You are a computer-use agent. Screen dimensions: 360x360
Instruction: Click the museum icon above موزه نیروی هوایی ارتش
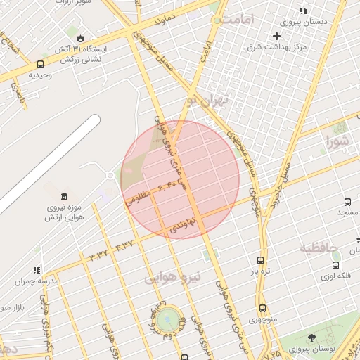pos(64,195)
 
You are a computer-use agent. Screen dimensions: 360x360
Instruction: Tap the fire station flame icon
pos(81,37)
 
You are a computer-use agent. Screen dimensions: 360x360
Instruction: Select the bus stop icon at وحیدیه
pos(39,64)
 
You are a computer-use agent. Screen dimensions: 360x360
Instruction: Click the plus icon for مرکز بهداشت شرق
pos(278,36)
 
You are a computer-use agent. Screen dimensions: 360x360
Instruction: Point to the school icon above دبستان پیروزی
pos(303,11)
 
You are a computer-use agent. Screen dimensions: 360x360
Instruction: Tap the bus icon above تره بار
pos(261,259)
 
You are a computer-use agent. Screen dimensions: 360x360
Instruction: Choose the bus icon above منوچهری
pos(263,308)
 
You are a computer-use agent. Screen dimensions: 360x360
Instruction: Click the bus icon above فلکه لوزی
pos(335,266)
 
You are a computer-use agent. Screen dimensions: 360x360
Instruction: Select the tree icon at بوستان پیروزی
pos(311,338)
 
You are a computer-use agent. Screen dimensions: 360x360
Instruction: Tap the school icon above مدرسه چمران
pos(37,270)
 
